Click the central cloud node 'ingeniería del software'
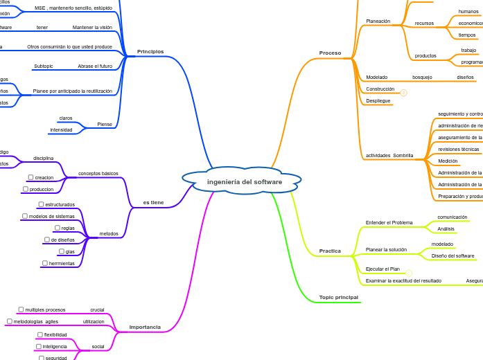tap(244, 181)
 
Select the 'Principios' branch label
tap(150, 51)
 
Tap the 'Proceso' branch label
tap(330, 53)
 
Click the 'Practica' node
tap(330, 251)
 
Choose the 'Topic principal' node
tap(338, 297)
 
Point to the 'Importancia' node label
tap(145, 327)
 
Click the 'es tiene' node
tap(153, 202)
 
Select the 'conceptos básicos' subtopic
tap(98, 173)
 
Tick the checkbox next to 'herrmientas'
tap(44, 263)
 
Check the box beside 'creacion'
tap(30, 177)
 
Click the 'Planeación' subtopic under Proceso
tap(378, 21)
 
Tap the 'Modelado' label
tap(376, 77)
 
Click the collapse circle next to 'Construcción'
tap(403, 92)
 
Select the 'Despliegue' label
tap(378, 100)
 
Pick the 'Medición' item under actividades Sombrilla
tap(448, 161)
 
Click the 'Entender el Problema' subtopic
tap(389, 222)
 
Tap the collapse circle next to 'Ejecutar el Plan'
tap(409, 273)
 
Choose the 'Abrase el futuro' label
tap(95, 66)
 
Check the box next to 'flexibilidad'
tap(39, 334)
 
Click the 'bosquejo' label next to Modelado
tap(422, 77)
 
